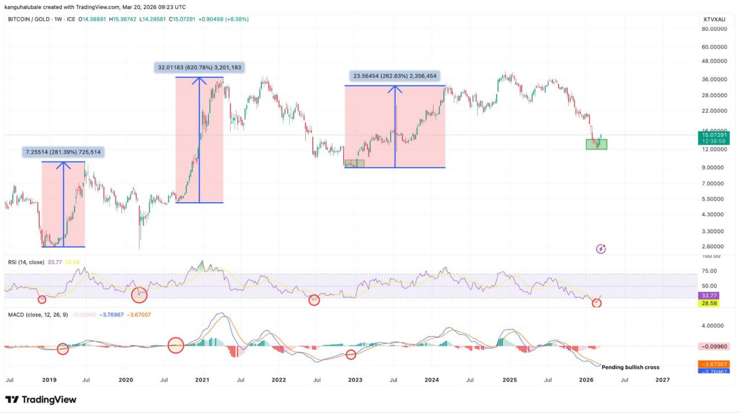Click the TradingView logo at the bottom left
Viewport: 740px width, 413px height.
coord(40,400)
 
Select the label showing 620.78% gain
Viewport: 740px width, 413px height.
coord(199,68)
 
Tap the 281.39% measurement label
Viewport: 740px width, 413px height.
coord(64,152)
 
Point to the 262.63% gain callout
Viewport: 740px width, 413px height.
coord(395,76)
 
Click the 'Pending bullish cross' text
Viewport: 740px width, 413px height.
coord(630,367)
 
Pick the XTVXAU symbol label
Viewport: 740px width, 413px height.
coord(714,20)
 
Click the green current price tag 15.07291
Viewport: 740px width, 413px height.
coord(713,135)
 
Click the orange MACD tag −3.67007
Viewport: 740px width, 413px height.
coord(713,364)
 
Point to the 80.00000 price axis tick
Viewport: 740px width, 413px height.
coord(713,28)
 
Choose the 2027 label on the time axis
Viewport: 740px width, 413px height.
coord(663,380)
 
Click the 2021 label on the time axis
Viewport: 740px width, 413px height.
coord(202,380)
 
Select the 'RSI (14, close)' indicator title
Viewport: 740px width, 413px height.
coord(26,262)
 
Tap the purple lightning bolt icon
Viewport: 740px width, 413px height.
coord(601,249)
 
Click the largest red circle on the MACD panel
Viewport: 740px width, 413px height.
coord(176,345)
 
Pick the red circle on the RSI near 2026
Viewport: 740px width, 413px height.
coord(597,303)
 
